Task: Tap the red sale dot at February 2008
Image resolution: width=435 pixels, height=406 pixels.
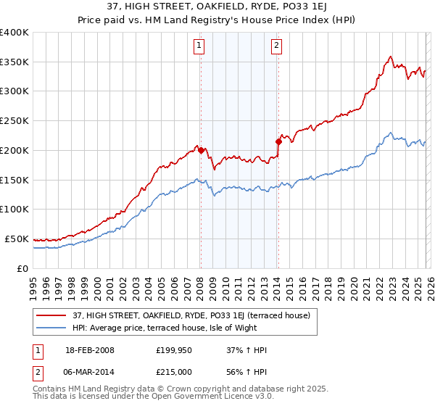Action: pos(201,150)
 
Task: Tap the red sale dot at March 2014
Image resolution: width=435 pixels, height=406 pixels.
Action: pos(278,141)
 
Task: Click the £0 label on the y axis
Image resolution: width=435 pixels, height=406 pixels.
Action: pos(23,268)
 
